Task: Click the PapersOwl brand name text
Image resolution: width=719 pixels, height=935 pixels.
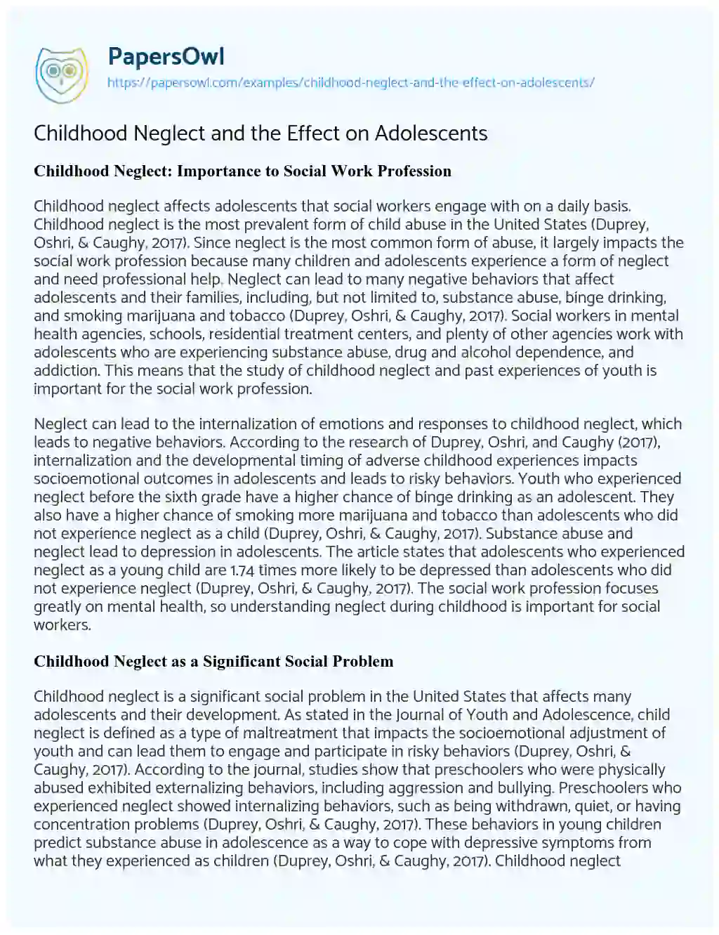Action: [166, 56]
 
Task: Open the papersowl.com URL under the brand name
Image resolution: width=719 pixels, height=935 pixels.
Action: [350, 82]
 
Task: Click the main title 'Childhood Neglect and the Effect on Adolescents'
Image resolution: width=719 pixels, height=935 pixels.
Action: [260, 133]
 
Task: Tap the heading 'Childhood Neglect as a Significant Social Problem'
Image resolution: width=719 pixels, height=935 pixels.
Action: [213, 661]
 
